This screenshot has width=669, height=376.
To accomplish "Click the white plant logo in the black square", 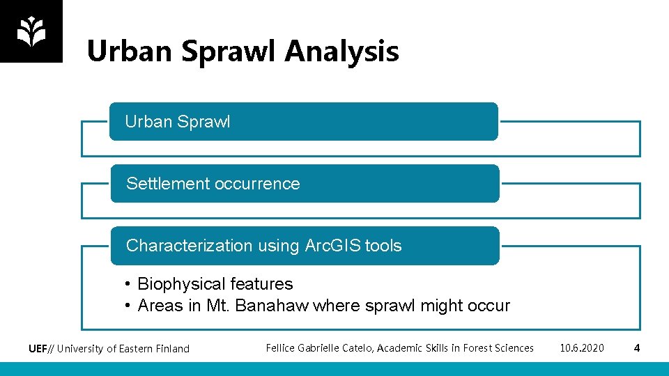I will point(31,31).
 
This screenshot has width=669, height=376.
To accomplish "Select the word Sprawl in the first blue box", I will point(203,122).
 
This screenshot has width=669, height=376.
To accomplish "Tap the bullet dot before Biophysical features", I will point(128,284).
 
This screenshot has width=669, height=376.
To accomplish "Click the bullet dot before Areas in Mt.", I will point(128,306).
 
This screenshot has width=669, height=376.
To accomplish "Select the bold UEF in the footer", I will point(38,348).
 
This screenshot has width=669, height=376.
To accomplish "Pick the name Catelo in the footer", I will point(355,347).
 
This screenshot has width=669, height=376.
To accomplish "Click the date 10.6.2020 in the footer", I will point(582,347).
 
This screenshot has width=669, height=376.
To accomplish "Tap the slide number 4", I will point(636,347).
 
